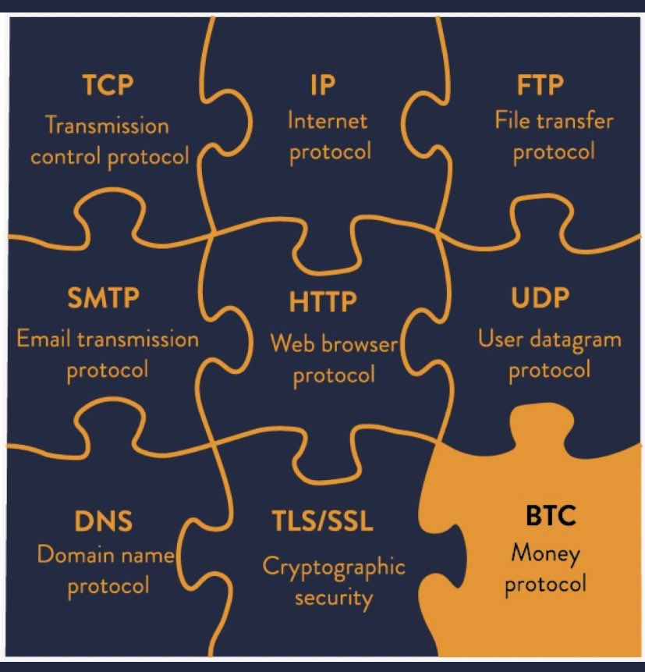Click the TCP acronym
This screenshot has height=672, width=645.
[108, 85]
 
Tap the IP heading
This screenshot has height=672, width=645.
[322, 84]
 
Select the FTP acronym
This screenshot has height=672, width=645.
[541, 84]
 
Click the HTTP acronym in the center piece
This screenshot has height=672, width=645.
[322, 300]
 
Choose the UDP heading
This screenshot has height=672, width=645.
[540, 299]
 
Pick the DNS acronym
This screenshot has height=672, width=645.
[104, 521]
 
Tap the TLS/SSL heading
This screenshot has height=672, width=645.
[322, 521]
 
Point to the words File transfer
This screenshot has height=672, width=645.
[554, 121]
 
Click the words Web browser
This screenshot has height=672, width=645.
[334, 343]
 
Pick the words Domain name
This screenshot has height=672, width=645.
[105, 556]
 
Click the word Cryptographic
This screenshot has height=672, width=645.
[334, 567]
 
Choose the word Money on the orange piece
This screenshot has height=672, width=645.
[545, 555]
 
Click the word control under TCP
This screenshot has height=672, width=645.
[65, 155]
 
